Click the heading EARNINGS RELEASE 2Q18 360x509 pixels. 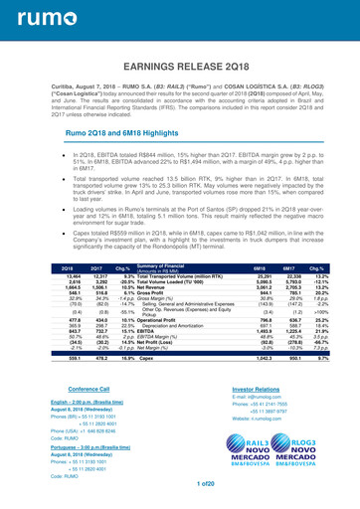[180, 68]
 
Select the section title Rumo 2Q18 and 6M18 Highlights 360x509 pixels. [115, 131]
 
